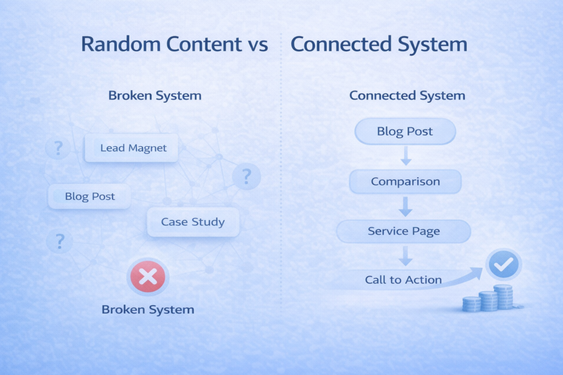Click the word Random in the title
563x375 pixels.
coord(121,44)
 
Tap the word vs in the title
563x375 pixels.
coord(257,46)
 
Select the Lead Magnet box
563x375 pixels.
coord(131,148)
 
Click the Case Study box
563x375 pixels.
coord(193,222)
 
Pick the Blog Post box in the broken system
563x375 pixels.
coord(90,197)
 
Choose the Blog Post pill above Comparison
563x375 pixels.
coord(405,132)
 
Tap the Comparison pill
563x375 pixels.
coord(405,181)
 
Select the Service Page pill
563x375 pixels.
coord(404,231)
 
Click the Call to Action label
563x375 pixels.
coord(403,279)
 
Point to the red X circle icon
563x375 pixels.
coord(147,276)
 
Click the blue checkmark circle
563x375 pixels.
coord(504,265)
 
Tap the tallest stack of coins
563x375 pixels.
coord(504,297)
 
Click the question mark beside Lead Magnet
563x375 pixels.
coord(58,147)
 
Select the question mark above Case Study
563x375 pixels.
coord(246,176)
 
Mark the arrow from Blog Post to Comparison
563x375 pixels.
coord(406,155)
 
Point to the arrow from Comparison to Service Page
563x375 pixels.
coord(406,206)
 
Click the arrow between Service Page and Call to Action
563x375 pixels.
coord(406,256)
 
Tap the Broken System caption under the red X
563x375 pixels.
coord(148,310)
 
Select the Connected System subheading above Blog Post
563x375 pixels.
coord(407,96)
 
